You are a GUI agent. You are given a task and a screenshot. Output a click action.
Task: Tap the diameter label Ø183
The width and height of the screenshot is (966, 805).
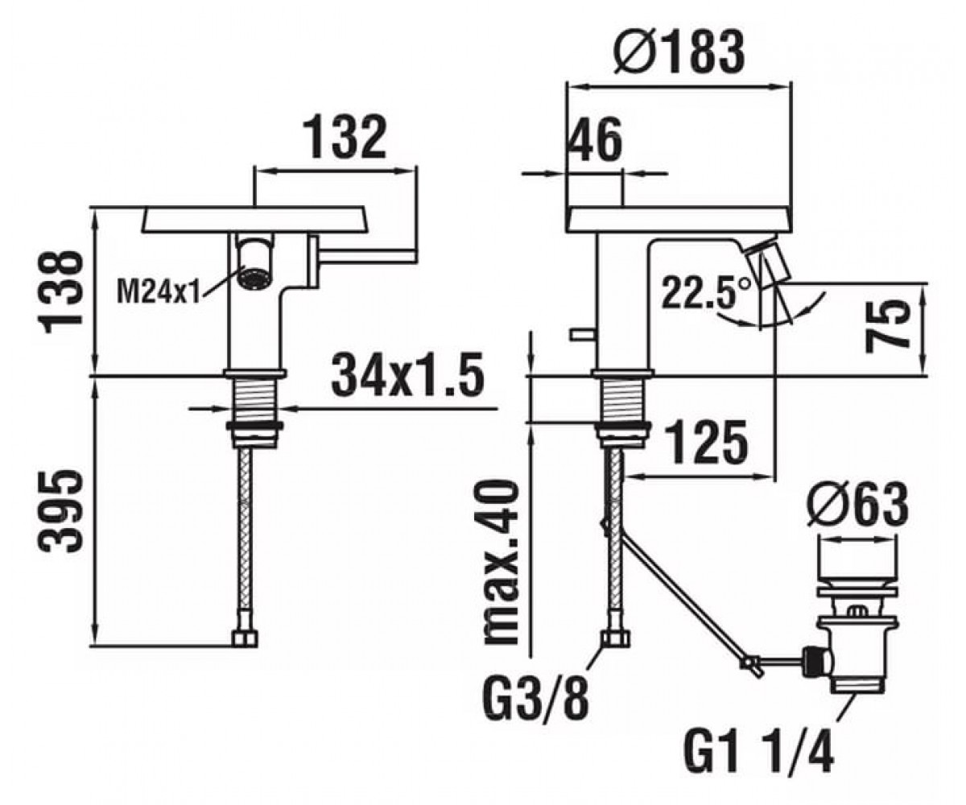tap(679, 51)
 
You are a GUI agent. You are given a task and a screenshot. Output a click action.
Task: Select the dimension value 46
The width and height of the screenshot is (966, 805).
tap(596, 139)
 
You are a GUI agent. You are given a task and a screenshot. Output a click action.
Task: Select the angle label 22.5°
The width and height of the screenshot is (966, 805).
tap(705, 292)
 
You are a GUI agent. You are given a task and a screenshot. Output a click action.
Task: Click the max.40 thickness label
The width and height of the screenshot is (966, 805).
tap(499, 562)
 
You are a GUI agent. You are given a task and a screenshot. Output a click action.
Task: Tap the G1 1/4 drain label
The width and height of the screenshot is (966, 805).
tap(759, 750)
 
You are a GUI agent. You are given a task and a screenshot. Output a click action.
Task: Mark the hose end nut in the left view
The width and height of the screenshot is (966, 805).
tap(245, 639)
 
